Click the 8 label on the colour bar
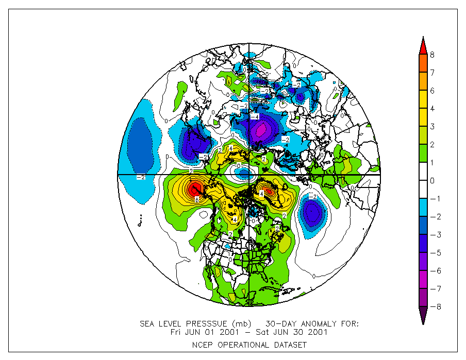(x=432, y=55)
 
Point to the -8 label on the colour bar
(x=433, y=307)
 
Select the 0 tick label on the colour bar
(x=432, y=181)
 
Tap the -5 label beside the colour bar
(x=433, y=253)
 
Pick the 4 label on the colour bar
(x=432, y=109)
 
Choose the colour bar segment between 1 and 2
(x=422, y=153)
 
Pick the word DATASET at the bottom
(x=289, y=345)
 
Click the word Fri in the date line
(x=177, y=332)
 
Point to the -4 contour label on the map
(x=254, y=117)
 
